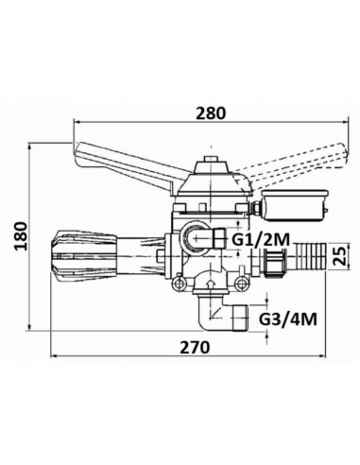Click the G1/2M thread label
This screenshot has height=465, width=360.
pyautogui.click(x=262, y=241)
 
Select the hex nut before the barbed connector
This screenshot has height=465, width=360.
pyautogui.click(x=275, y=260)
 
